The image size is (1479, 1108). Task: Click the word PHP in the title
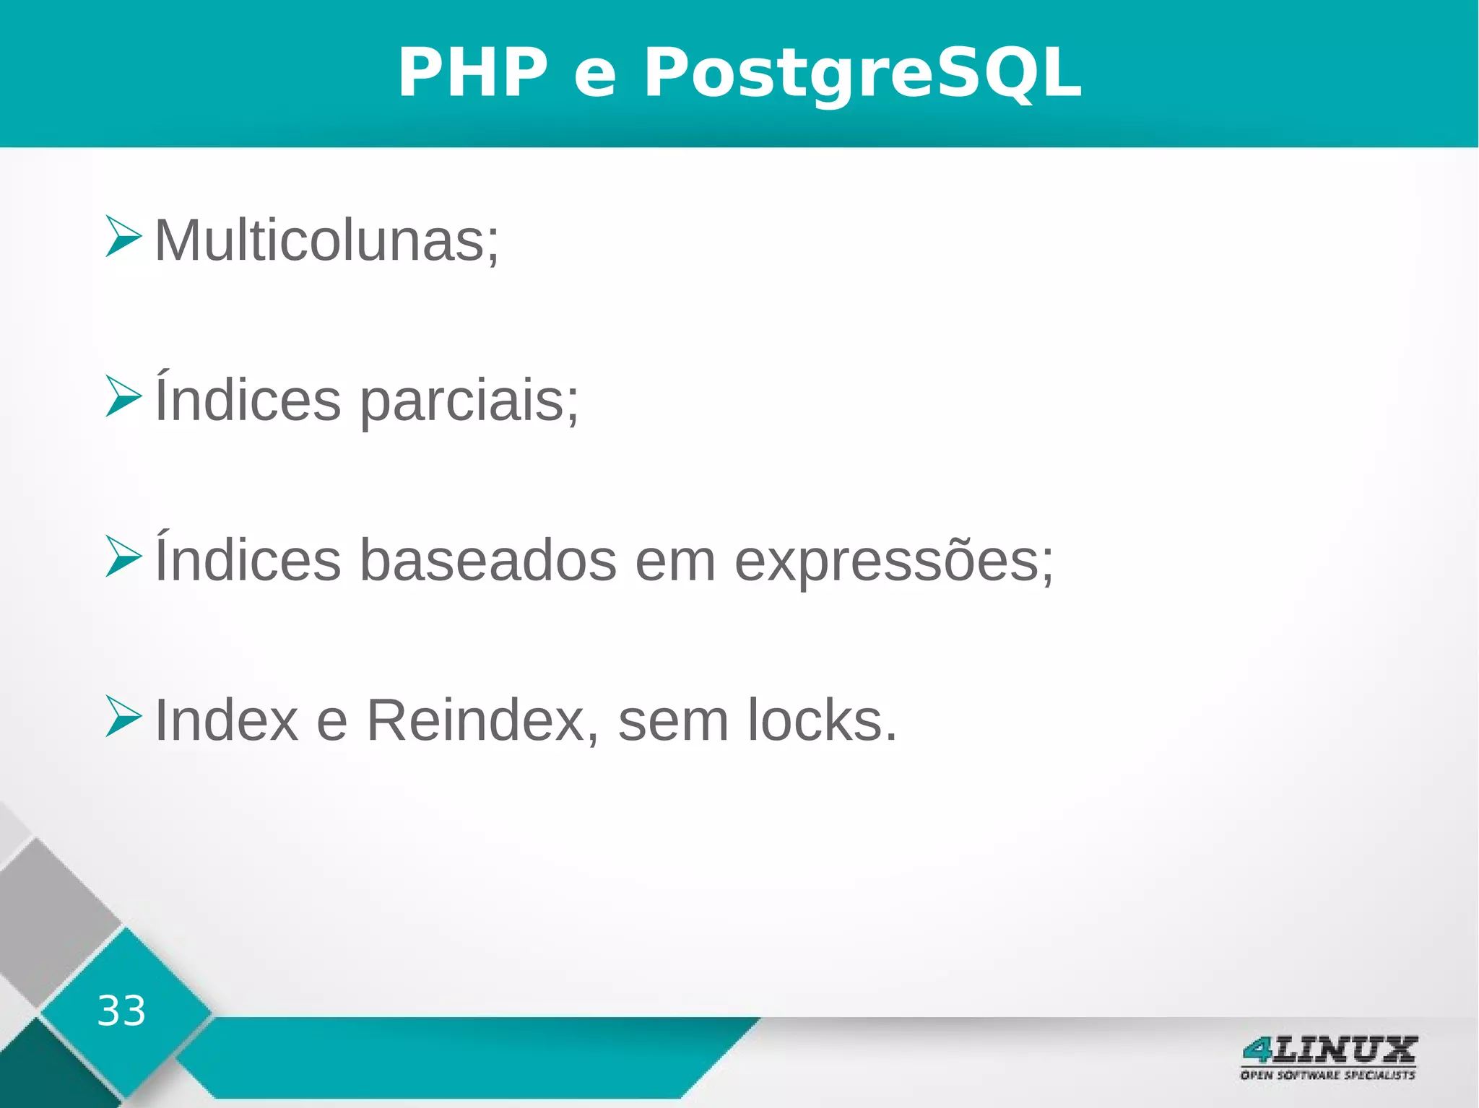point(473,73)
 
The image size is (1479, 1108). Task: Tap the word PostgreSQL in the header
point(862,73)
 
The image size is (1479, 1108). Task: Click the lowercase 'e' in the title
point(595,75)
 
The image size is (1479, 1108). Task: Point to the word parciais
point(469,401)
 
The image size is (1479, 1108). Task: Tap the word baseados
point(488,561)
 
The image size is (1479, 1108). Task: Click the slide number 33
point(121,1011)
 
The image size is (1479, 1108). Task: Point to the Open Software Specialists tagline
point(1328,1075)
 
